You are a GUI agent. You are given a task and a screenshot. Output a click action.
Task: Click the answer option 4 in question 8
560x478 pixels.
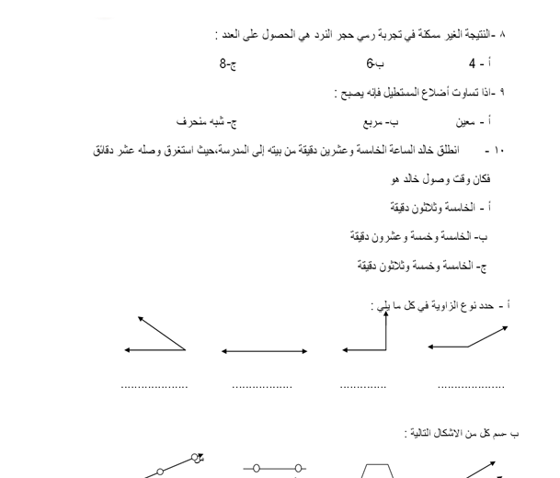[473, 65]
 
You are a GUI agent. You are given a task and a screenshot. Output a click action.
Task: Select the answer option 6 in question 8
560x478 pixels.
[370, 65]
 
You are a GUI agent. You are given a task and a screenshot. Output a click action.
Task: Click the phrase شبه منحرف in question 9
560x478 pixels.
[201, 120]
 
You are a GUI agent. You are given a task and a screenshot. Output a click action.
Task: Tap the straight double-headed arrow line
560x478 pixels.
[264, 350]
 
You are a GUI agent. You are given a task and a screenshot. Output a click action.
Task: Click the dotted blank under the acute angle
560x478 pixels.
[154, 386]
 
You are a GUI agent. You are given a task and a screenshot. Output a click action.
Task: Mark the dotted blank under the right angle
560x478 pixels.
[364, 386]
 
